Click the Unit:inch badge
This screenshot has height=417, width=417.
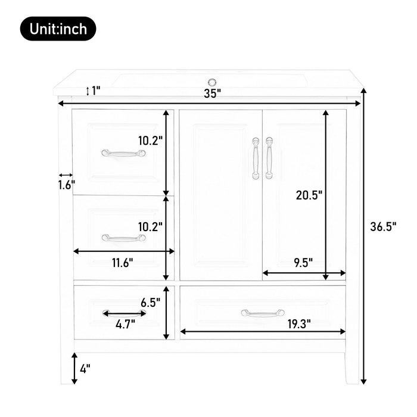point(58,28)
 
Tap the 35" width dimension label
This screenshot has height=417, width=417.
point(211,93)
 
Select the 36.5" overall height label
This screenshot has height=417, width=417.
point(382,226)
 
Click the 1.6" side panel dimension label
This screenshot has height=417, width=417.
point(66,185)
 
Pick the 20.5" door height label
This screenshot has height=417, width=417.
point(309,195)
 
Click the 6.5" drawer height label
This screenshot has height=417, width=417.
point(151,302)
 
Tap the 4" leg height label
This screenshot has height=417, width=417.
point(85,369)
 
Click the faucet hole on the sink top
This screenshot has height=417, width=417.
point(211,82)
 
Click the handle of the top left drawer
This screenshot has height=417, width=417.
point(123,153)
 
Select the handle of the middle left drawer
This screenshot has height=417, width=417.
point(123,238)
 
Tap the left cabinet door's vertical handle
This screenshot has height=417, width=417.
point(256,158)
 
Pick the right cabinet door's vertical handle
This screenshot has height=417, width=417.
point(269,158)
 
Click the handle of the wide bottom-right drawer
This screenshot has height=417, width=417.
point(263,313)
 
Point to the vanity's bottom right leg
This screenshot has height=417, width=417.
point(353,369)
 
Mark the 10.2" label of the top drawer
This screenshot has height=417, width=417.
point(150,141)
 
